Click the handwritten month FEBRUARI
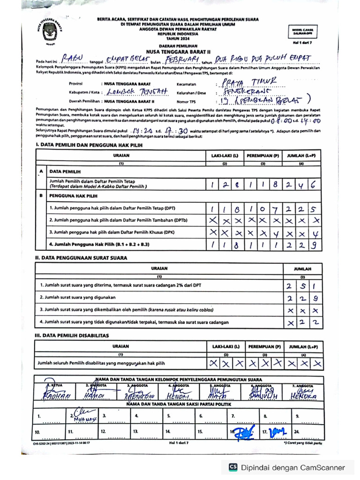click(180, 60)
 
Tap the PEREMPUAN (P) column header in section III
click(264, 347)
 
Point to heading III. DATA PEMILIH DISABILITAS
click(72, 336)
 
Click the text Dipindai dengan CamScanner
click(293, 467)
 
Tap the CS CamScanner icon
click(232, 467)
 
